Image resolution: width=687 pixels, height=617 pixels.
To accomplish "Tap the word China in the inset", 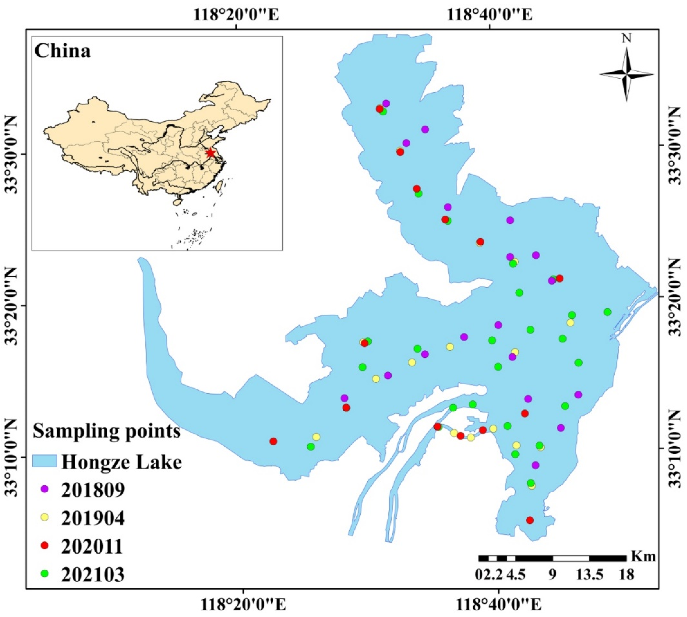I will [x=63, y=51].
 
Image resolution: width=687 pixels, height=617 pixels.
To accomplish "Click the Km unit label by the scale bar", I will [x=643, y=557].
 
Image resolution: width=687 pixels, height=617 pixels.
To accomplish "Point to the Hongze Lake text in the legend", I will [x=121, y=462].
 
